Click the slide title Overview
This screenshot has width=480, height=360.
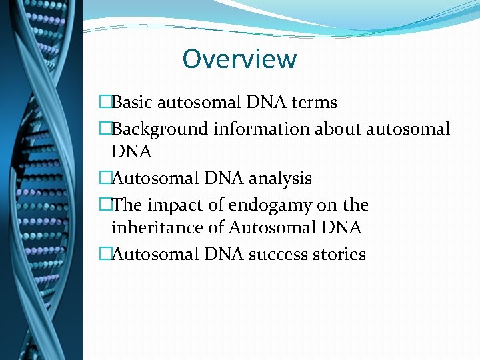tap(239, 59)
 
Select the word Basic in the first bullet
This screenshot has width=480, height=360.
tap(133, 103)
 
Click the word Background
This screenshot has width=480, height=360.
tap(161, 128)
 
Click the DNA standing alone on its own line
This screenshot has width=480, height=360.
tap(131, 153)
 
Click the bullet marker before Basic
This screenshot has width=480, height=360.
tap(105, 103)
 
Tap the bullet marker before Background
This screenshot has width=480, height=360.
tap(105, 128)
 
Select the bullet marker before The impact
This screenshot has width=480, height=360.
tap(105, 204)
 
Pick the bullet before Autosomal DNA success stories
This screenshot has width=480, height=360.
tap(105, 254)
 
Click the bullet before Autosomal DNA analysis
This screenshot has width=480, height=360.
tap(105, 179)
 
